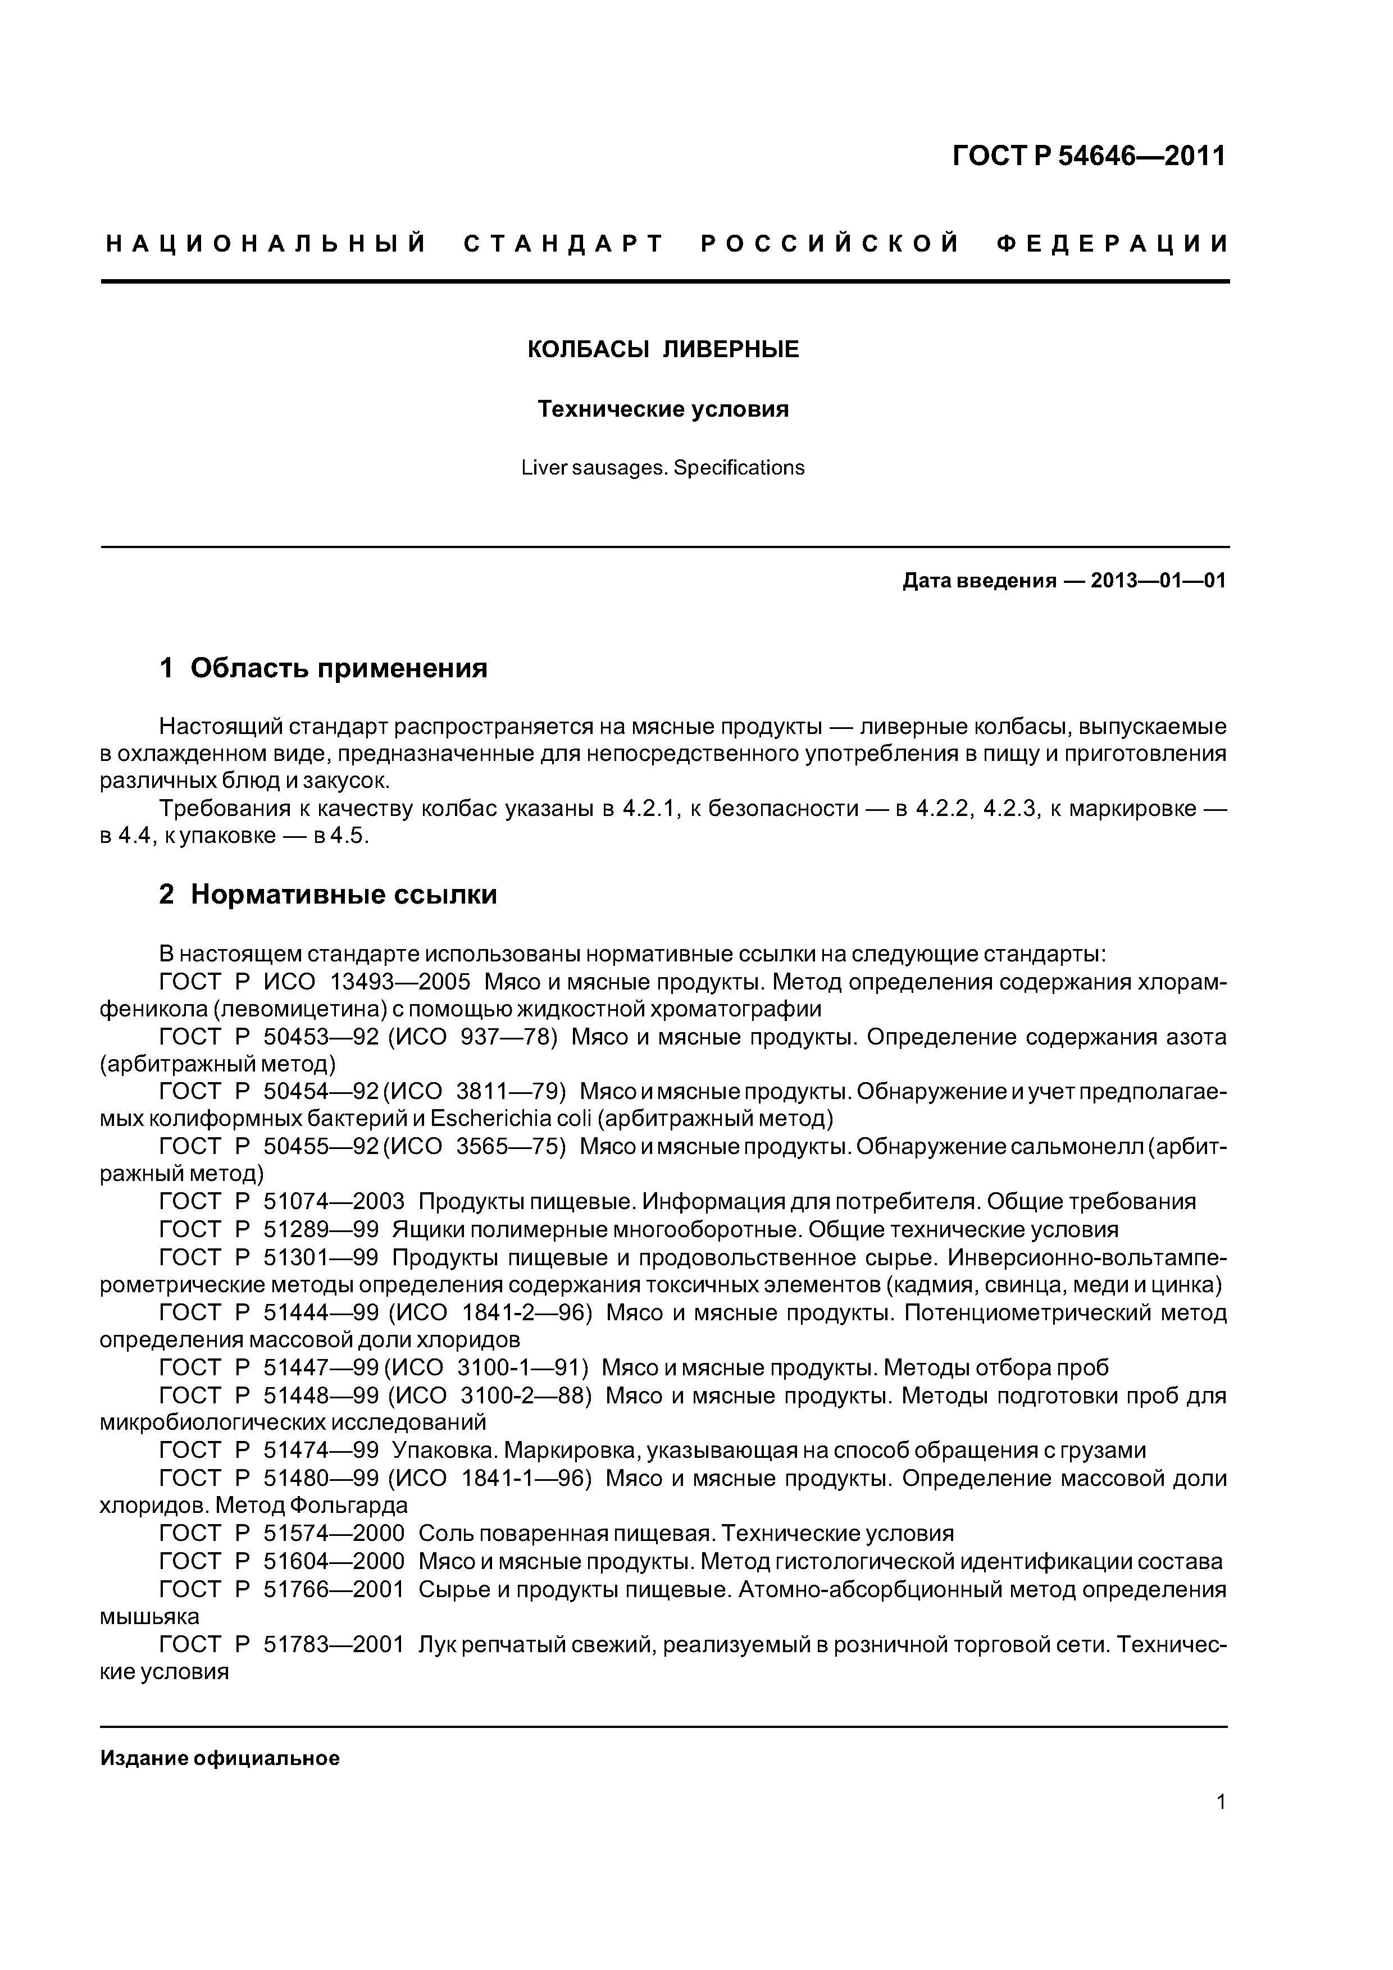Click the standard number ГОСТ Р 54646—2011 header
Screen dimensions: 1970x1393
tap(1089, 156)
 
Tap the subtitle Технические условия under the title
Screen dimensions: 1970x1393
tap(663, 409)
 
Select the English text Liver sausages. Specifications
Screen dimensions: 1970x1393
tap(663, 468)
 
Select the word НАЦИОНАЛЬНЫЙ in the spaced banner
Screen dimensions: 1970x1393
tap(266, 244)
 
